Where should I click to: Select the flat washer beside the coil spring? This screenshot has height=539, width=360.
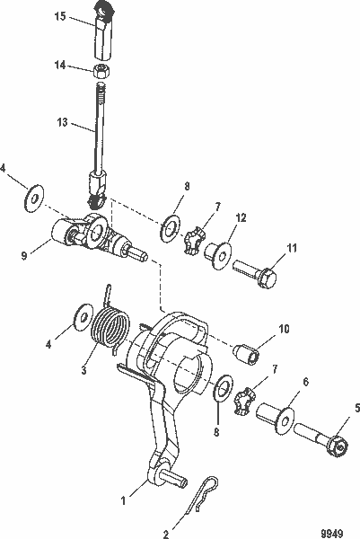[x=82, y=316]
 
